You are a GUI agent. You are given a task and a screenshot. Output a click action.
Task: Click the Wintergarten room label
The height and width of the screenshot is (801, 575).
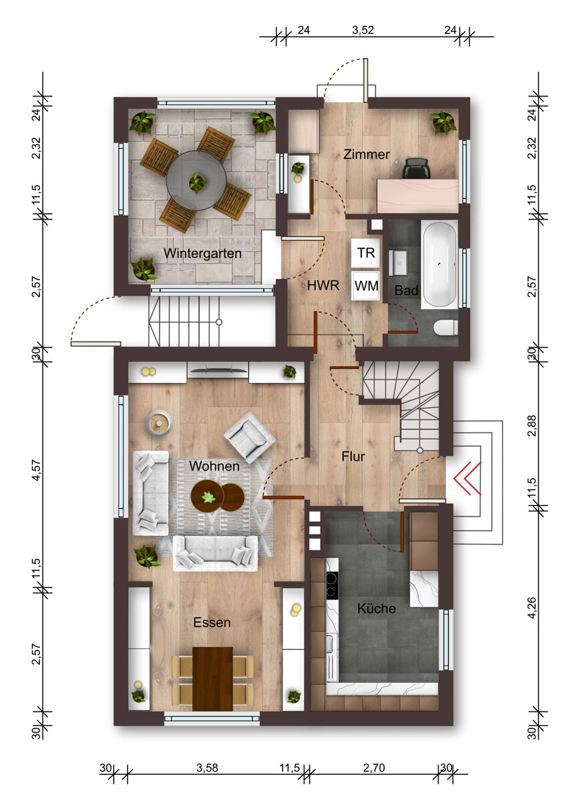(x=202, y=253)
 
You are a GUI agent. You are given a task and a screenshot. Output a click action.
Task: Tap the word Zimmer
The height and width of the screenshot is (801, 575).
(x=366, y=154)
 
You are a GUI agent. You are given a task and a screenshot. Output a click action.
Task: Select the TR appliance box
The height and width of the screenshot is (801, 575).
(x=365, y=253)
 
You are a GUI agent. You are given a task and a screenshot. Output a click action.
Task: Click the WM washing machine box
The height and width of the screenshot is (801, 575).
(x=366, y=286)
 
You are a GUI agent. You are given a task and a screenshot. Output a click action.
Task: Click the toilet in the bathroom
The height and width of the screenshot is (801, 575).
(x=446, y=327)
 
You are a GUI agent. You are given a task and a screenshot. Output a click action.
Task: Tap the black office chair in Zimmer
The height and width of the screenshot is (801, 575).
(x=416, y=168)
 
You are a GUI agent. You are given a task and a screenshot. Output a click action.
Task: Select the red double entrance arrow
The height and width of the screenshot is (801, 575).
(x=467, y=478)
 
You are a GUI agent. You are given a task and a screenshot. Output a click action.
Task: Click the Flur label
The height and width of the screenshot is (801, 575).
(x=353, y=457)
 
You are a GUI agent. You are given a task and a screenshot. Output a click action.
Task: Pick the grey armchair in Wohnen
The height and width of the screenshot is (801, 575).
(x=249, y=437)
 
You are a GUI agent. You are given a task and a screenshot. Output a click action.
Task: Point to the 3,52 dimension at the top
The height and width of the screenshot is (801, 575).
(x=363, y=30)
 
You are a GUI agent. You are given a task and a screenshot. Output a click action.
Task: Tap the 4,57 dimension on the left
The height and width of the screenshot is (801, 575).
(x=37, y=470)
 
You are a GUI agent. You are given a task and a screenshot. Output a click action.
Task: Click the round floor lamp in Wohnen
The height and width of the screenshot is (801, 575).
(x=159, y=423)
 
